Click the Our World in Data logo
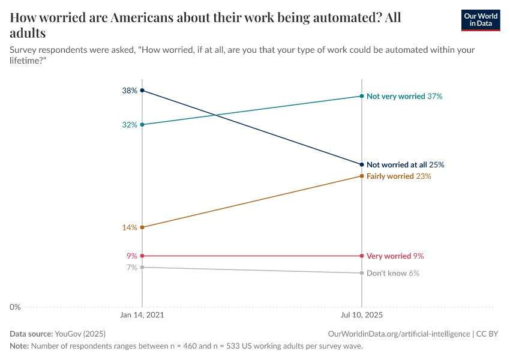click(x=480, y=20)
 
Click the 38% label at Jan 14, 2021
click(x=130, y=91)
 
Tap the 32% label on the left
click(x=130, y=125)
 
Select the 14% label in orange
click(x=130, y=227)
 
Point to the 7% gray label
click(x=132, y=268)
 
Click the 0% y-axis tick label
click(x=15, y=307)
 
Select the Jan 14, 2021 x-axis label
click(x=142, y=314)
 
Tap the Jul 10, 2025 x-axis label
click(x=361, y=314)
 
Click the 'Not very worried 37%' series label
click(x=404, y=96)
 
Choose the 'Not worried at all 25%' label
click(x=405, y=164)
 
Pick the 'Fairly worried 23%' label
click(x=398, y=176)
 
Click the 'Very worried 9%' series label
click(x=395, y=256)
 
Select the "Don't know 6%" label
click(x=392, y=273)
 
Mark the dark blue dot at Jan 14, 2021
click(x=142, y=91)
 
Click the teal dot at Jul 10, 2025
click(x=361, y=96)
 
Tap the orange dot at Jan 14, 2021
click(x=142, y=227)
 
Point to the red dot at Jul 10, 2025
click(x=361, y=256)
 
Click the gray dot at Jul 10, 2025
click(x=361, y=273)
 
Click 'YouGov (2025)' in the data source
click(x=80, y=334)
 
